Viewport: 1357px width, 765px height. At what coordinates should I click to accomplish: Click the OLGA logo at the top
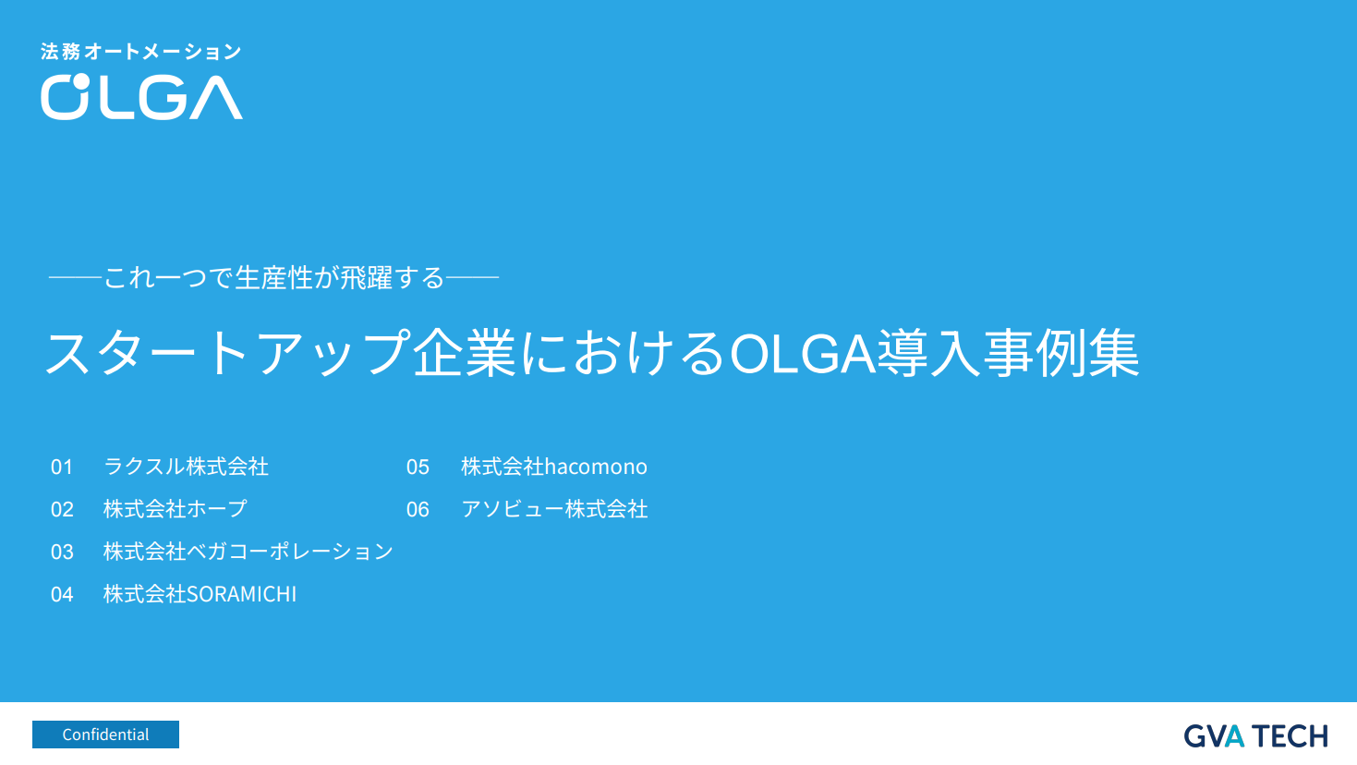point(141,97)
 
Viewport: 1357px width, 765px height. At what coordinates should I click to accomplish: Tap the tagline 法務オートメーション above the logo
point(140,52)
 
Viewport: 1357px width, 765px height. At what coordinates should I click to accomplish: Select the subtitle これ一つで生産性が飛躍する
point(274,277)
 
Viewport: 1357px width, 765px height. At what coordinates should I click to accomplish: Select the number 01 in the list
point(62,467)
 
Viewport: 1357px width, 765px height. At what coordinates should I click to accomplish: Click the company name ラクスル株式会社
point(186,467)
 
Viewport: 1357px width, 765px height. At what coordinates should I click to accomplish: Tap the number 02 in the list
point(62,510)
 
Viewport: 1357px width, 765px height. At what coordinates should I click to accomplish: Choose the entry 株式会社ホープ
point(176,509)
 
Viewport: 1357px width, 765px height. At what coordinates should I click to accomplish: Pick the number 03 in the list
point(62,552)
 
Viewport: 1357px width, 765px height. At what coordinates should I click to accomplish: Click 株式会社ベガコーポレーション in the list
point(248,552)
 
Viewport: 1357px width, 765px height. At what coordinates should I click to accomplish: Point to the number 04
point(62,595)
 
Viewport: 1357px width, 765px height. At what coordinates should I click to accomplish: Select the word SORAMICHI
point(242,594)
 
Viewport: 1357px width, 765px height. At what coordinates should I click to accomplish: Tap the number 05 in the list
point(418,467)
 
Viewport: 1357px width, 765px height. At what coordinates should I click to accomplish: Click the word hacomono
point(596,467)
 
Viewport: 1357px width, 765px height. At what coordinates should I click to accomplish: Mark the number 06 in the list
point(418,510)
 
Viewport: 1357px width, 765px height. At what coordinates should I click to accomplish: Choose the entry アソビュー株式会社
point(554,509)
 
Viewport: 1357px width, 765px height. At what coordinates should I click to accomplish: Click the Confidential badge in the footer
point(105,735)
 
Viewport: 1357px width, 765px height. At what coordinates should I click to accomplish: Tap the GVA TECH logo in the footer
point(1255,736)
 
